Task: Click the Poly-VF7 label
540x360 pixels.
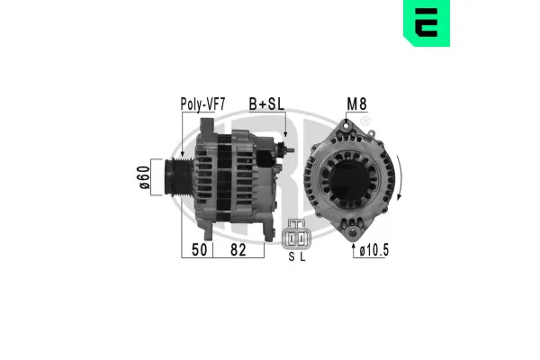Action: pyautogui.click(x=202, y=104)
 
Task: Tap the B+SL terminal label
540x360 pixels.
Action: pyautogui.click(x=267, y=104)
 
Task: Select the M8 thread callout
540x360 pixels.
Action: pyautogui.click(x=356, y=104)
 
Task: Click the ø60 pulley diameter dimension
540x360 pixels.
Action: pyautogui.click(x=145, y=177)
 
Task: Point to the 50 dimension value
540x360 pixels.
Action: pyautogui.click(x=200, y=250)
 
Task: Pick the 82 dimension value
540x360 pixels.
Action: pyautogui.click(x=238, y=250)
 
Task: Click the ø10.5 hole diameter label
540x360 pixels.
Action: pyautogui.click(x=374, y=250)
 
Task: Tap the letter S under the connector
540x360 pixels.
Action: pyautogui.click(x=292, y=257)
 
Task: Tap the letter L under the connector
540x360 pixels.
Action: pyautogui.click(x=302, y=257)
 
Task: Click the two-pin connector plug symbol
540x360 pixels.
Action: pyautogui.click(x=296, y=235)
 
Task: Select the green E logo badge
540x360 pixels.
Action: pyautogui.click(x=427, y=23)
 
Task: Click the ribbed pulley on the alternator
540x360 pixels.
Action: pyautogui.click(x=179, y=177)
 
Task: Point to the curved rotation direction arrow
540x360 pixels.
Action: pyautogui.click(x=400, y=178)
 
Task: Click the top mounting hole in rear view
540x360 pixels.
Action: pyautogui.click(x=346, y=126)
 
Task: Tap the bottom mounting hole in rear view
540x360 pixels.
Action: pyautogui.click(x=353, y=233)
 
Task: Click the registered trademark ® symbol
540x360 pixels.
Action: pyautogui.click(x=365, y=121)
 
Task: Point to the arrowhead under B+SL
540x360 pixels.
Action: pyautogui.click(x=285, y=134)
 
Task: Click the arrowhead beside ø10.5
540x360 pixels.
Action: pyautogui.click(x=354, y=246)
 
